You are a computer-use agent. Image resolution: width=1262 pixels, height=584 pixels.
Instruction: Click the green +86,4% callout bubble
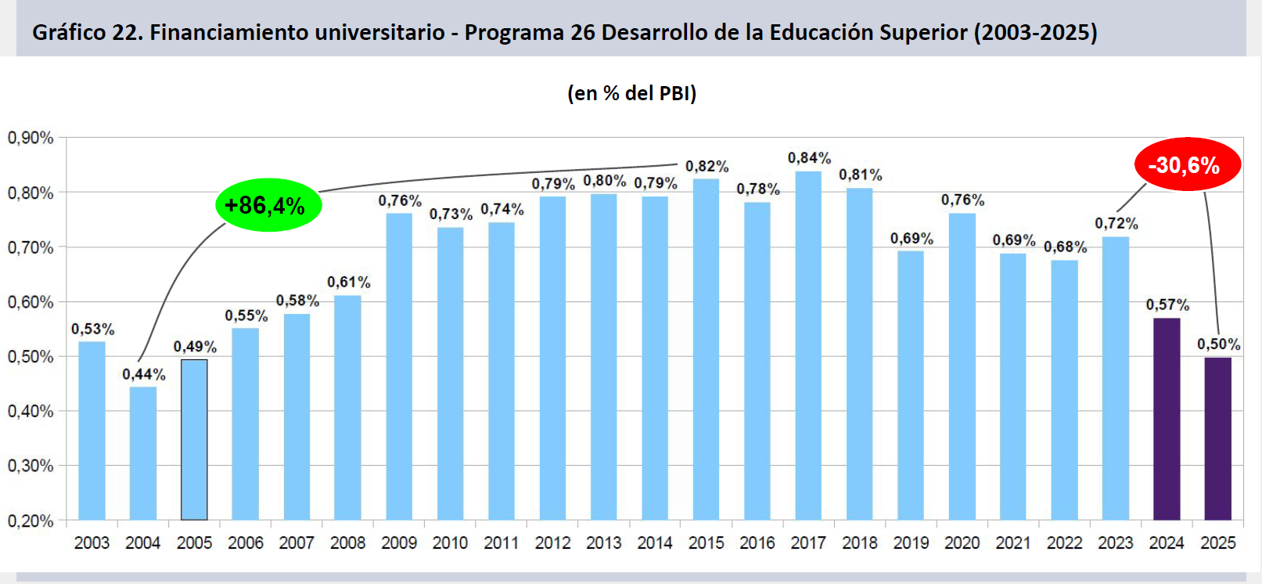(268, 205)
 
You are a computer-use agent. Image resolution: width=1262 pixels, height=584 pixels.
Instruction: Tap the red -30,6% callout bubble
(1187, 165)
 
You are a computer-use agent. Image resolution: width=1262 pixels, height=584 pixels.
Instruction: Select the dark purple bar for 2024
(1166, 419)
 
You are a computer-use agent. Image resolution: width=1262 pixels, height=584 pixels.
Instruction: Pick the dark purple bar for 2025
(1217, 438)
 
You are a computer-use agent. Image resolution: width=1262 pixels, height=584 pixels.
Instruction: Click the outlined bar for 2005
(194, 440)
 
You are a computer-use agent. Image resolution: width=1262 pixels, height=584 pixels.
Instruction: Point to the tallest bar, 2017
(808, 345)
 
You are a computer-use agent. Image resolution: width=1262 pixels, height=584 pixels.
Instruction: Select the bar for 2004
(143, 453)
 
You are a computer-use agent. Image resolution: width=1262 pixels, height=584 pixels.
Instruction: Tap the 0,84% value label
(809, 158)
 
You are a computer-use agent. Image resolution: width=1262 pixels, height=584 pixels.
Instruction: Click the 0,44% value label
(144, 374)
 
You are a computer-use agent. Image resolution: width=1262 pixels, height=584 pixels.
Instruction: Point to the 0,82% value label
(707, 166)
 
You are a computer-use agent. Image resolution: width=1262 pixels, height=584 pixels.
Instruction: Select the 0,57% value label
(1167, 305)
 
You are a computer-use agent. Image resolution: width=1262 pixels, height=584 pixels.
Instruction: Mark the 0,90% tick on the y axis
(31, 138)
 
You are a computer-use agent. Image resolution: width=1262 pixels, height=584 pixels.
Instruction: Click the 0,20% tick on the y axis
(31, 521)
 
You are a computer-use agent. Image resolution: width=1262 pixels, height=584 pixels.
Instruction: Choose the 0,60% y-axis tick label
(31, 302)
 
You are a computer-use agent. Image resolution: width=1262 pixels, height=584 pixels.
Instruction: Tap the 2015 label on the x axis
(706, 543)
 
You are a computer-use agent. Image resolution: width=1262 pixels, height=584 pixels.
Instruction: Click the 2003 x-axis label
(92, 543)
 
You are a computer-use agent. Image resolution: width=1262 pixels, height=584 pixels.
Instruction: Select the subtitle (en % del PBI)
(631, 93)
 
